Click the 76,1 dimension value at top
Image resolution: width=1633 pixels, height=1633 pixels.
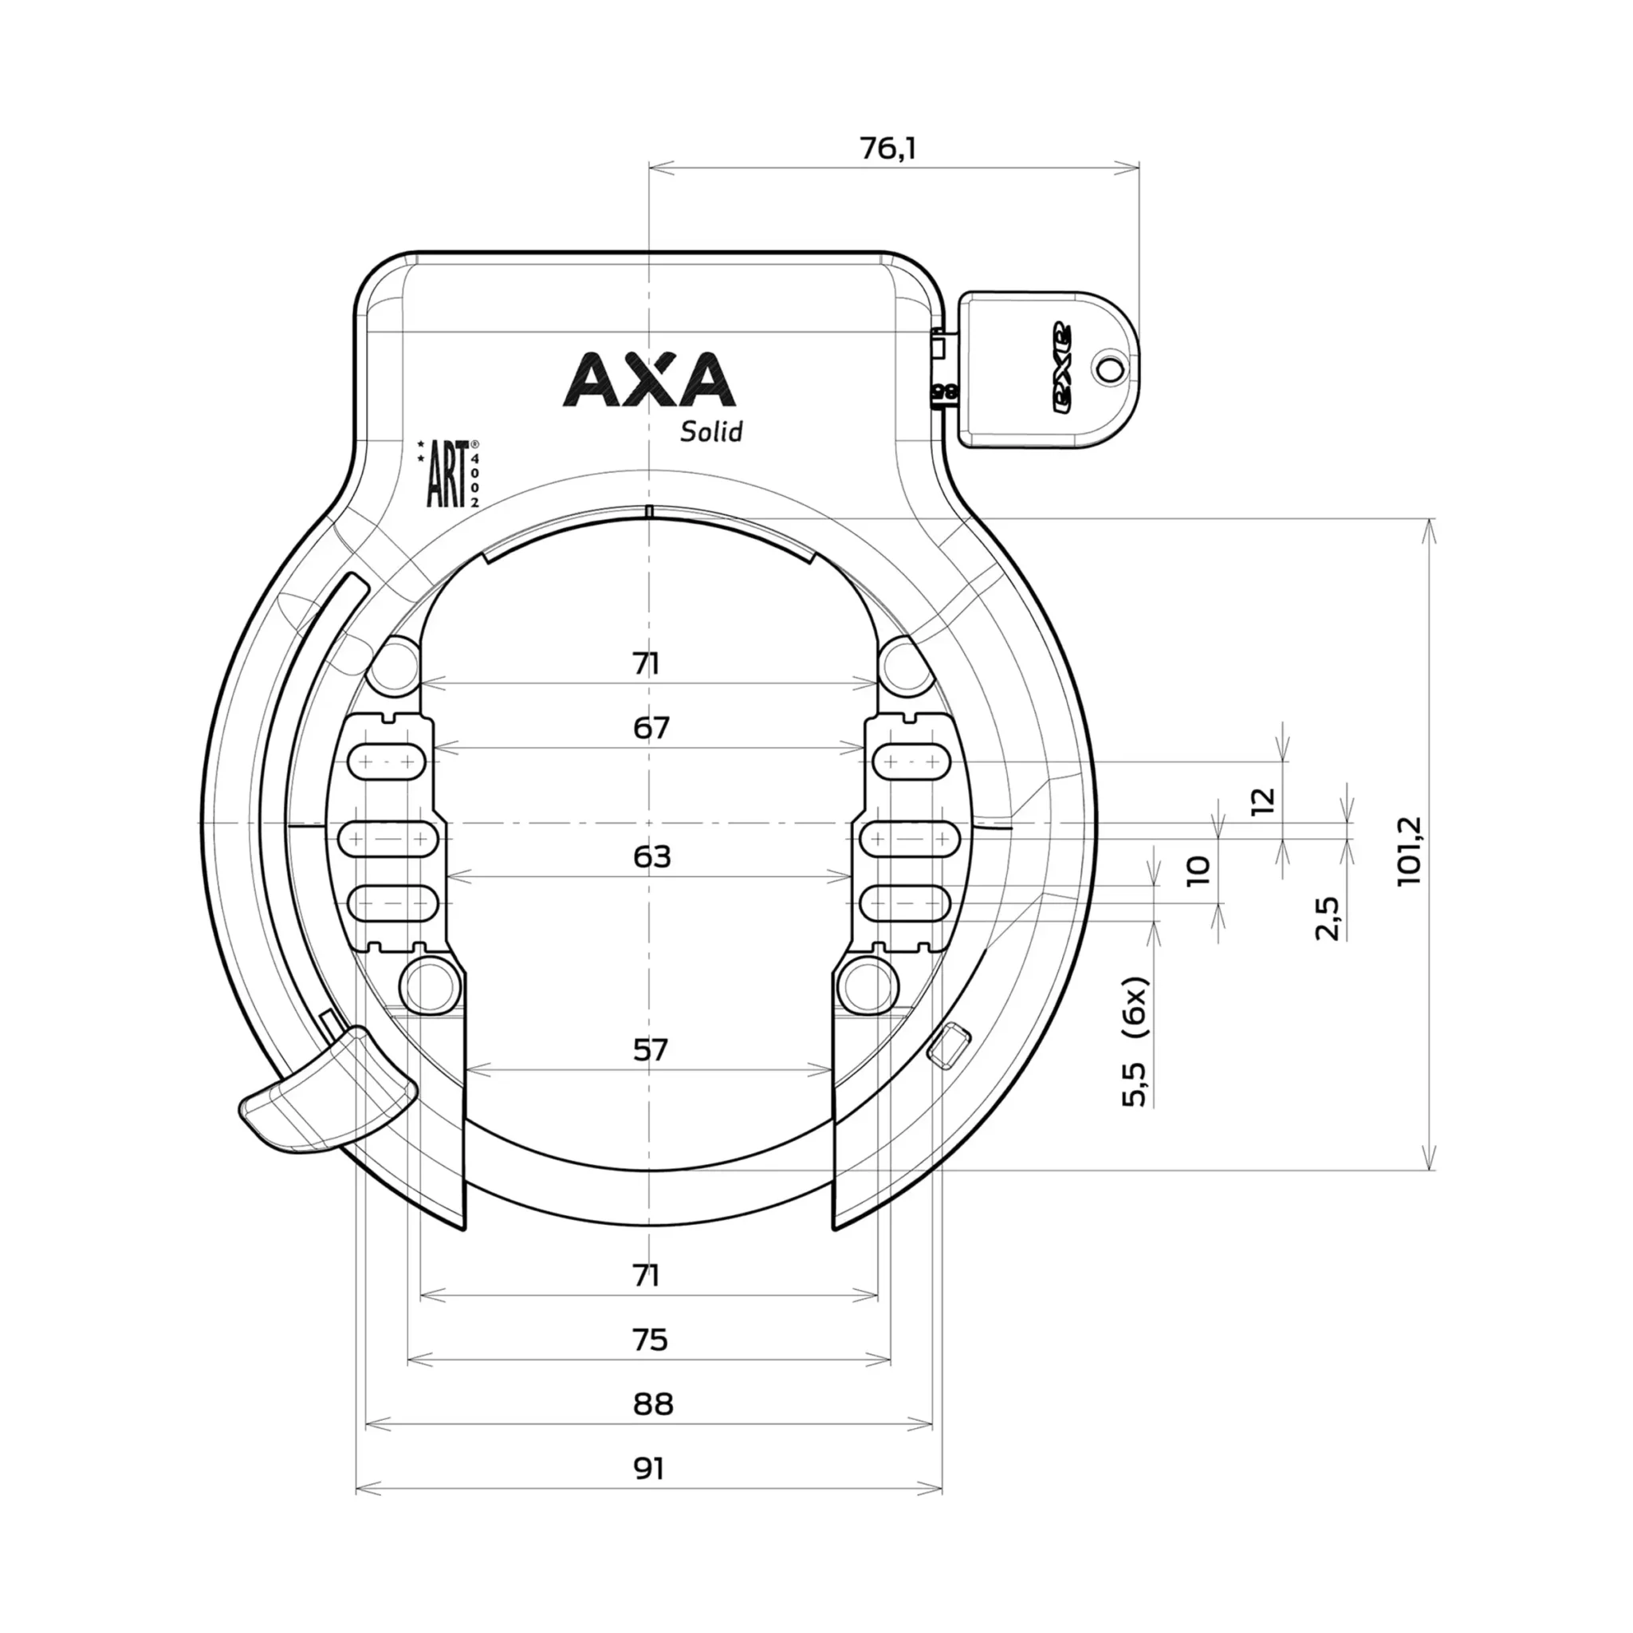click(x=888, y=149)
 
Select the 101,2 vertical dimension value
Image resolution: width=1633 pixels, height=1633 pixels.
click(x=1410, y=850)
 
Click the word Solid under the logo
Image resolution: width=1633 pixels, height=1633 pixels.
click(x=712, y=432)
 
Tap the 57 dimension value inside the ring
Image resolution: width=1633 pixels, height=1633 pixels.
click(x=650, y=1050)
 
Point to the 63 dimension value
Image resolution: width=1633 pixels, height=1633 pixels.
click(x=651, y=857)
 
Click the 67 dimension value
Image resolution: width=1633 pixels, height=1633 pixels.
click(x=651, y=728)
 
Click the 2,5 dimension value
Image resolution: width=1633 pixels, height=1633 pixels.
click(x=1327, y=919)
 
